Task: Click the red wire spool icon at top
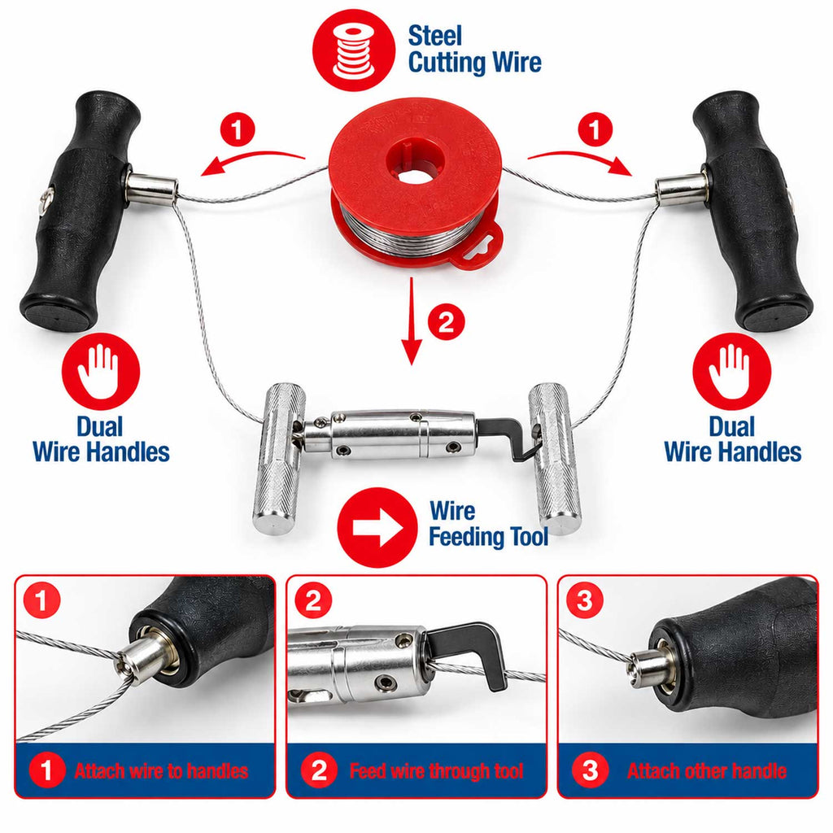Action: click(x=354, y=50)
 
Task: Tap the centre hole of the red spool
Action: click(x=415, y=161)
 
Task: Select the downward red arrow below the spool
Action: click(x=411, y=321)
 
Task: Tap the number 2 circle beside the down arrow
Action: click(x=447, y=321)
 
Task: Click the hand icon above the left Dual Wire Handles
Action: click(x=101, y=371)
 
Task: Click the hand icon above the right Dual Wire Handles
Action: click(x=731, y=371)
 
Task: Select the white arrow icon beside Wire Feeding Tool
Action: click(x=377, y=527)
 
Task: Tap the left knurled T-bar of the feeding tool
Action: click(x=280, y=457)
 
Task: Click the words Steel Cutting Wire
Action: click(x=474, y=49)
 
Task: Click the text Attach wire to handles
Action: click(x=161, y=771)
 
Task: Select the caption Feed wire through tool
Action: click(x=437, y=771)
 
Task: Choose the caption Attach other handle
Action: click(x=707, y=771)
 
